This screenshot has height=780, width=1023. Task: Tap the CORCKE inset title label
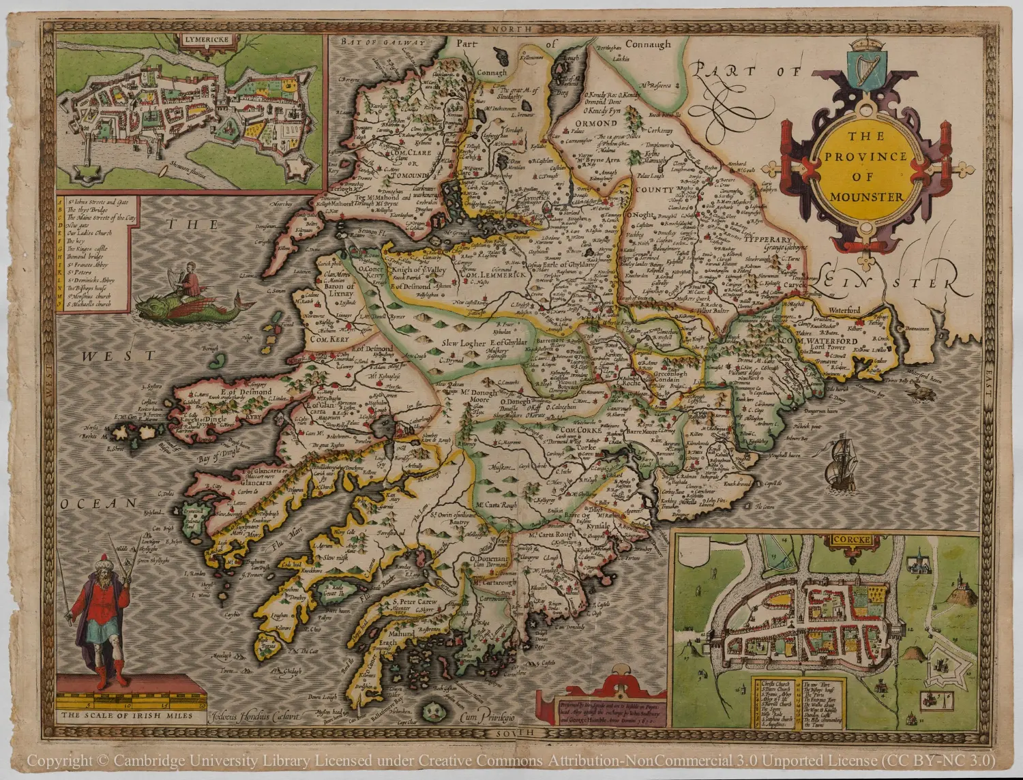(x=850, y=540)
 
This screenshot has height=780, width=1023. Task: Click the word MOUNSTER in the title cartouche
(x=866, y=197)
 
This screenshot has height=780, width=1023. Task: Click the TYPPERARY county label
(x=767, y=241)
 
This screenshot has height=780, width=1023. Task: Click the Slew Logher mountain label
(x=463, y=344)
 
